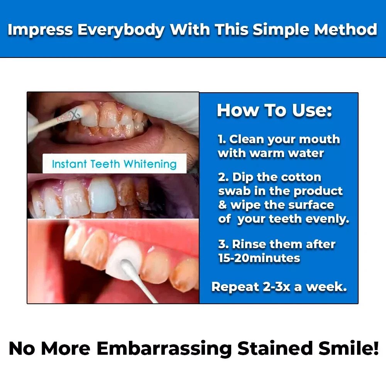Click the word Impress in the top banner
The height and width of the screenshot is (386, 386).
point(40,30)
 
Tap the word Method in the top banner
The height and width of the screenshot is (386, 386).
point(345,29)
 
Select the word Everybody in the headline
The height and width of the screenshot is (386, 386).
point(120,30)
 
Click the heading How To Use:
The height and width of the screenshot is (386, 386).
point(274,110)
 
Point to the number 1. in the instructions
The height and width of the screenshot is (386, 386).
point(222,139)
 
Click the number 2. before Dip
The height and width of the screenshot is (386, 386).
point(223,177)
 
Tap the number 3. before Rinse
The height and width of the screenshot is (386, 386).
point(223,244)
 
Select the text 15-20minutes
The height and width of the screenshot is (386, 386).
point(259,258)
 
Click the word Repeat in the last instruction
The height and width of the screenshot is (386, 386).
point(235,287)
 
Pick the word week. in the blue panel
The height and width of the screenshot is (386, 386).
point(326,287)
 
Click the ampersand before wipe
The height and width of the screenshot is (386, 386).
point(223,205)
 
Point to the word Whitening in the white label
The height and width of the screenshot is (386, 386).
point(150,164)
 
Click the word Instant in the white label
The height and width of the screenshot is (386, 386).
point(69,164)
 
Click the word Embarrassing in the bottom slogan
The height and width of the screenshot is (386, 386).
point(164,348)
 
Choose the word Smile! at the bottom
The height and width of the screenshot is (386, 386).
point(348,348)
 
